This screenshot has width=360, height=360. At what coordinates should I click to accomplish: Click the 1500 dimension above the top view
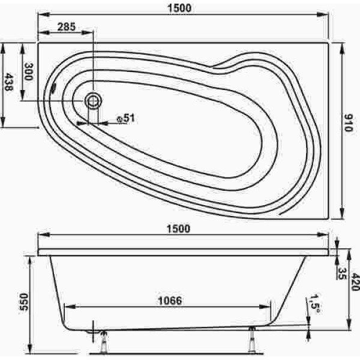click(179, 8)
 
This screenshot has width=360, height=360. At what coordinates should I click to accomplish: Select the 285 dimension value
click(67, 26)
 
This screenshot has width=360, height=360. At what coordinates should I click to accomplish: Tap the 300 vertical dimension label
click(28, 71)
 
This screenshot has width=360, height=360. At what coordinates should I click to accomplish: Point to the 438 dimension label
click(9, 82)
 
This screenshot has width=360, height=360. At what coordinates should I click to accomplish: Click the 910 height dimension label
click(348, 123)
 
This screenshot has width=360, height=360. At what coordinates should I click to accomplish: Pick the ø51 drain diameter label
click(125, 119)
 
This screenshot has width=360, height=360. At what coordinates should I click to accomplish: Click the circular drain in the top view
click(93, 101)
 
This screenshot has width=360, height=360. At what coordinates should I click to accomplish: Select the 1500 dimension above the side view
click(178, 229)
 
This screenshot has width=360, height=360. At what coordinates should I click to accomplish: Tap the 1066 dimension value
click(170, 301)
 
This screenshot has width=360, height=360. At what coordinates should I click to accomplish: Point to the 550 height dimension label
click(23, 302)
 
